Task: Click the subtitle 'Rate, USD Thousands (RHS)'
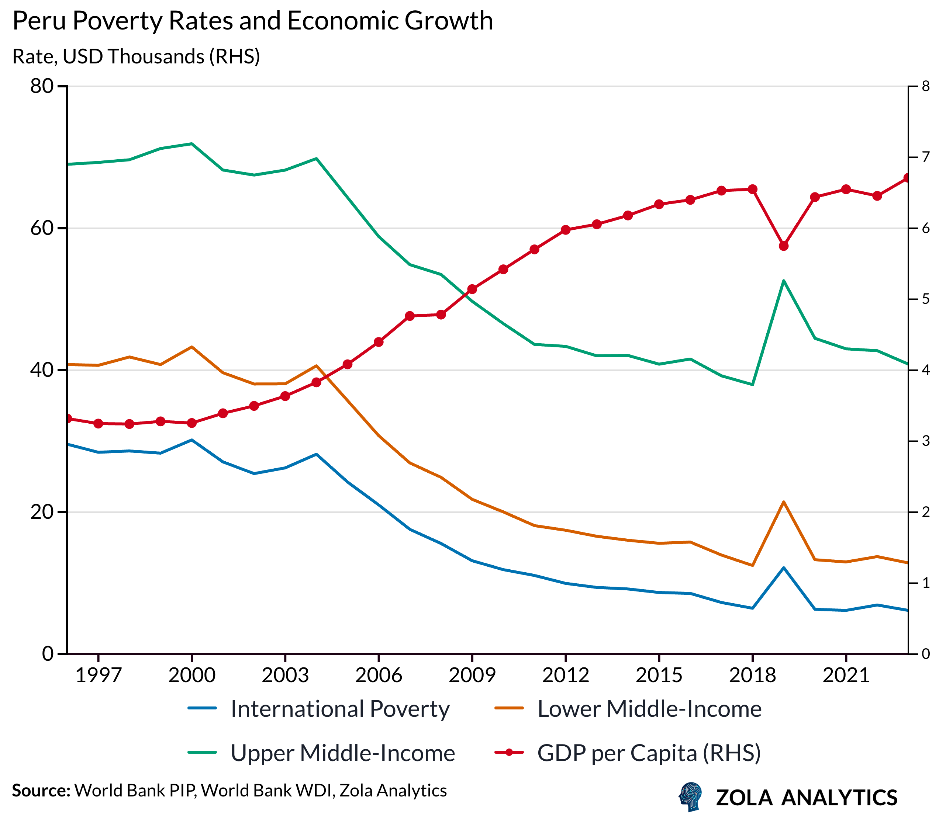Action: [x=136, y=57]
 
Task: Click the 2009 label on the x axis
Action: [x=472, y=676]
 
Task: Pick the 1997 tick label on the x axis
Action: [x=98, y=676]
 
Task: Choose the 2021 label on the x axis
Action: [x=846, y=676]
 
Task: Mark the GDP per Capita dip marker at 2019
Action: [x=784, y=246]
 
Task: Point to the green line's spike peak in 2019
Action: [x=784, y=281]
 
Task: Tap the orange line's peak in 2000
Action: [x=191, y=347]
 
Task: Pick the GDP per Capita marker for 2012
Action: [x=566, y=230]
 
